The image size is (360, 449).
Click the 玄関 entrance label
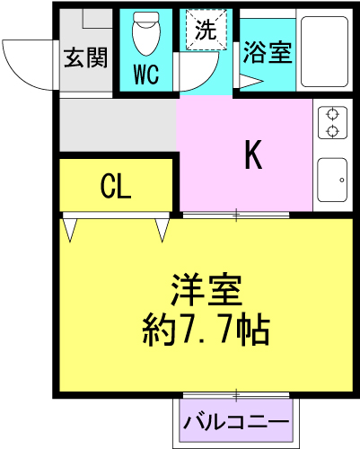(86, 57)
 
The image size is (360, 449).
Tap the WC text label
(146, 75)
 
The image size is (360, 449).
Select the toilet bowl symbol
(146, 33)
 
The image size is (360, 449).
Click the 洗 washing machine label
(206, 30)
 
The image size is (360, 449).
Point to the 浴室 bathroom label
(268, 53)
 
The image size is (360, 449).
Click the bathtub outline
(324, 51)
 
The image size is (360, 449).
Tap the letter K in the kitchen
(253, 154)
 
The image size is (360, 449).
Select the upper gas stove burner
(332, 114)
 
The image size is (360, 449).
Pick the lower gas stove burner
(332, 131)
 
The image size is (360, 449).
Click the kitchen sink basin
(332, 180)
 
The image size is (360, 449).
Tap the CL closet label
(116, 186)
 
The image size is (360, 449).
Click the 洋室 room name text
(206, 289)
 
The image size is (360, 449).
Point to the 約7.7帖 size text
(206, 330)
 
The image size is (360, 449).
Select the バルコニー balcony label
(236, 422)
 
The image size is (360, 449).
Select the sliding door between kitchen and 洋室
(236, 215)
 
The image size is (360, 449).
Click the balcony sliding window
(236, 395)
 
